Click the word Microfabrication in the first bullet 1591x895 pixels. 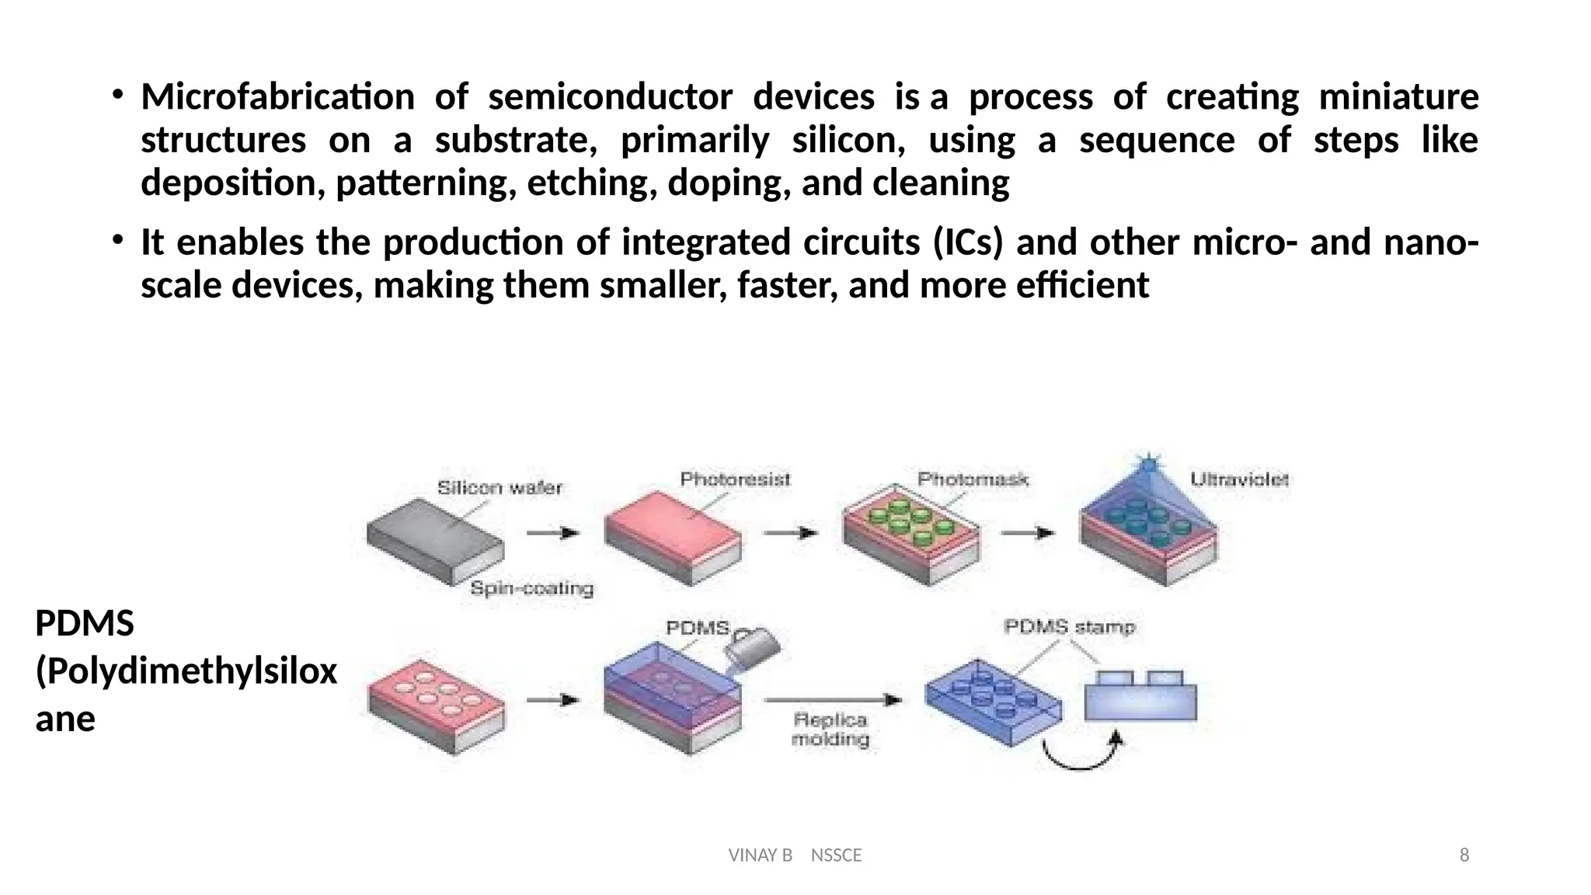[277, 98]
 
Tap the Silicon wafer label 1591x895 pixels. [499, 488]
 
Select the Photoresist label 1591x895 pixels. [735, 479]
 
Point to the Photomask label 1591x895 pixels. [973, 479]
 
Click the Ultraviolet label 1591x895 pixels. [1239, 480]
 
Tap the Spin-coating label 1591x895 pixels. [532, 589]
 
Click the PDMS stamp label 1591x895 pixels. [1069, 627]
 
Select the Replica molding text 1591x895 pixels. [830, 730]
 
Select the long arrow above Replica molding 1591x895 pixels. [832, 700]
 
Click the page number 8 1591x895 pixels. [1464, 855]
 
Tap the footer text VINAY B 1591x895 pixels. [760, 855]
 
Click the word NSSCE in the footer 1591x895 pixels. [836, 855]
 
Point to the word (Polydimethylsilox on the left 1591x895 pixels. [186, 671]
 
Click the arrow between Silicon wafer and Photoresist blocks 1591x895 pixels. [553, 533]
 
